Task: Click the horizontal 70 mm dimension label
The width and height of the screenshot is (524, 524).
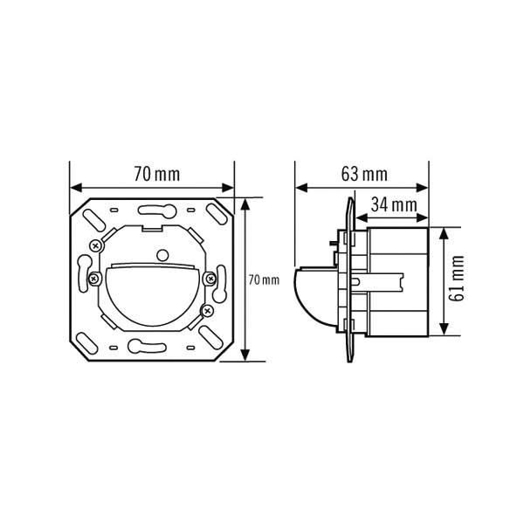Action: [x=157, y=174]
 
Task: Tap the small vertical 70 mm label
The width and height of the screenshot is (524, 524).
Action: [x=264, y=280]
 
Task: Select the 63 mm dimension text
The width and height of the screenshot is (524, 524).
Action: [x=364, y=174]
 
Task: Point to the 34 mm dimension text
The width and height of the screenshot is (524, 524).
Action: [x=394, y=205]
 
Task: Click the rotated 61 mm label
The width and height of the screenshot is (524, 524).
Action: [x=457, y=278]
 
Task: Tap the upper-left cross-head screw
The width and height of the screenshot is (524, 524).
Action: [x=96, y=246]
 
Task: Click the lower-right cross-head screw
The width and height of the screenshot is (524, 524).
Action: [x=208, y=311]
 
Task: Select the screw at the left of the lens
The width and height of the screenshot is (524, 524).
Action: [x=94, y=278]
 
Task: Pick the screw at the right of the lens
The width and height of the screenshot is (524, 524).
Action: [x=210, y=278]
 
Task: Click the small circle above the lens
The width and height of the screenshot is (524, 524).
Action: [x=162, y=255]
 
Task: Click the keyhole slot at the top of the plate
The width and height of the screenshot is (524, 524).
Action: [x=156, y=210]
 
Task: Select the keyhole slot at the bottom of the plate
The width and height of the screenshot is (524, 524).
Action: [x=147, y=346]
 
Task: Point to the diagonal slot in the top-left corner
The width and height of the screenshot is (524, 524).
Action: [x=93, y=220]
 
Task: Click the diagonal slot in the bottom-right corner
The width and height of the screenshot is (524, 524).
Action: [x=210, y=336]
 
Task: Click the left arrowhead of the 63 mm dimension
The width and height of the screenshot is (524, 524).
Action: [x=301, y=188]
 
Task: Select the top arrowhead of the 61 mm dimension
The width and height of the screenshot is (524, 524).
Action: [x=444, y=234]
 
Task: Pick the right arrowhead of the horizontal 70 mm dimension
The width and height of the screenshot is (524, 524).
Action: [x=228, y=188]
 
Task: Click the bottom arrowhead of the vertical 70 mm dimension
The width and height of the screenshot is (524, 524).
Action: [x=245, y=355]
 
